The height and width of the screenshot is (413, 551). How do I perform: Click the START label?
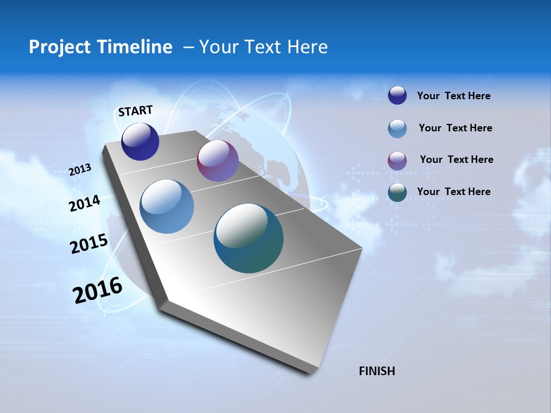click(x=135, y=111)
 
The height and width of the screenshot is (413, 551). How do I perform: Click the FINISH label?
click(x=377, y=371)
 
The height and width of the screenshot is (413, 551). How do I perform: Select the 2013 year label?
click(x=80, y=170)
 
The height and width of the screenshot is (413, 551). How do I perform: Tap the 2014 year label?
click(x=85, y=203)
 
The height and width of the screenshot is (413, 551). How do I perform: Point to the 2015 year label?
click(x=89, y=243)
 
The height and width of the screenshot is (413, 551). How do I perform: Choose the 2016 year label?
click(x=98, y=290)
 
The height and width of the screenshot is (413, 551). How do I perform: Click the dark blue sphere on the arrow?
click(x=140, y=141)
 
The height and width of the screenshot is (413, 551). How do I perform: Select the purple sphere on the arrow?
click(x=218, y=161)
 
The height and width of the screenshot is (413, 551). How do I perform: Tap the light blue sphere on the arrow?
click(x=167, y=206)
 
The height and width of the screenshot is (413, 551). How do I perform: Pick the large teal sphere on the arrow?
click(x=249, y=238)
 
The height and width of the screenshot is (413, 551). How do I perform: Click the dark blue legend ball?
click(x=397, y=96)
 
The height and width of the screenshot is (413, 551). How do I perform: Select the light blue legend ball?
click(x=397, y=128)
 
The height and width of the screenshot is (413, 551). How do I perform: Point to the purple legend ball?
click(x=397, y=161)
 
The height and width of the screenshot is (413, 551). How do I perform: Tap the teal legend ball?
click(x=397, y=192)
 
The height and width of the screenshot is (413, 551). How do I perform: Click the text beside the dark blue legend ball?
click(x=453, y=96)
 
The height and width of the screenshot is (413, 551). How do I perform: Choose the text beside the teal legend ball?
click(x=453, y=192)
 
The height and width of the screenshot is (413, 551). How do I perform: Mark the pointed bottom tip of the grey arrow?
click(x=311, y=372)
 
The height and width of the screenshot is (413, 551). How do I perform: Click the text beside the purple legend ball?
click(x=456, y=159)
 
